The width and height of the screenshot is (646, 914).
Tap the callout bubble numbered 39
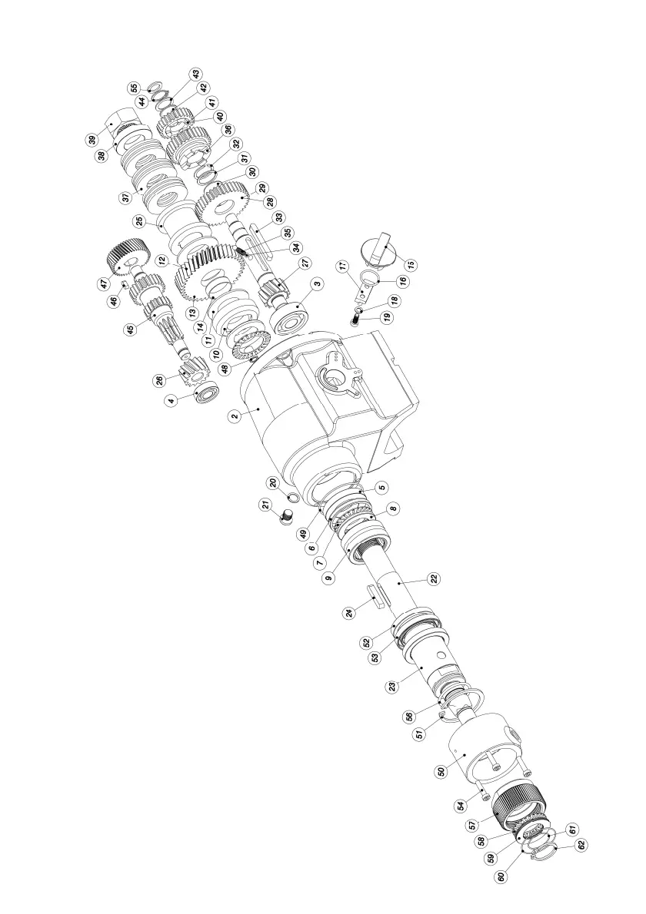point(92,140)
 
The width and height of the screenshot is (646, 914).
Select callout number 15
point(411,264)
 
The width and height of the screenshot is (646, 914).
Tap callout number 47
point(103,283)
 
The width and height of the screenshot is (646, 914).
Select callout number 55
point(134,88)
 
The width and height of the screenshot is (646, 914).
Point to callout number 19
point(385,316)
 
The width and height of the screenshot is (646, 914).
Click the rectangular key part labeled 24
point(376,596)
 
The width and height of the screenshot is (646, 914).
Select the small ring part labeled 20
point(293,498)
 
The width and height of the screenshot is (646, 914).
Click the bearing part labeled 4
point(206,395)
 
